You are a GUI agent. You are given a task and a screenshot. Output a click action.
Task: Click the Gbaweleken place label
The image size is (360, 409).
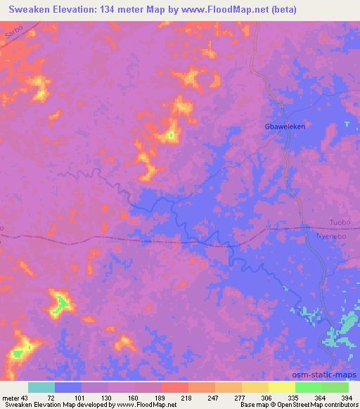(285, 127)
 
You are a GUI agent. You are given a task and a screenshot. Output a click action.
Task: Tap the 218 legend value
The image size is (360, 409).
(187, 397)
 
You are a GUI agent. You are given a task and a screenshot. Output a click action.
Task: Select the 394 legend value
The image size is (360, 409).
(347, 397)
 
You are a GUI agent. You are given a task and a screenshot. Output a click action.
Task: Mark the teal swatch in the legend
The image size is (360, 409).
(41, 387)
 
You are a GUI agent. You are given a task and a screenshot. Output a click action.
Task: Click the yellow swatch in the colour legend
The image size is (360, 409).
(282, 387)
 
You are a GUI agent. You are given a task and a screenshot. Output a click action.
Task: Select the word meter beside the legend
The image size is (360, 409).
(11, 397)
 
